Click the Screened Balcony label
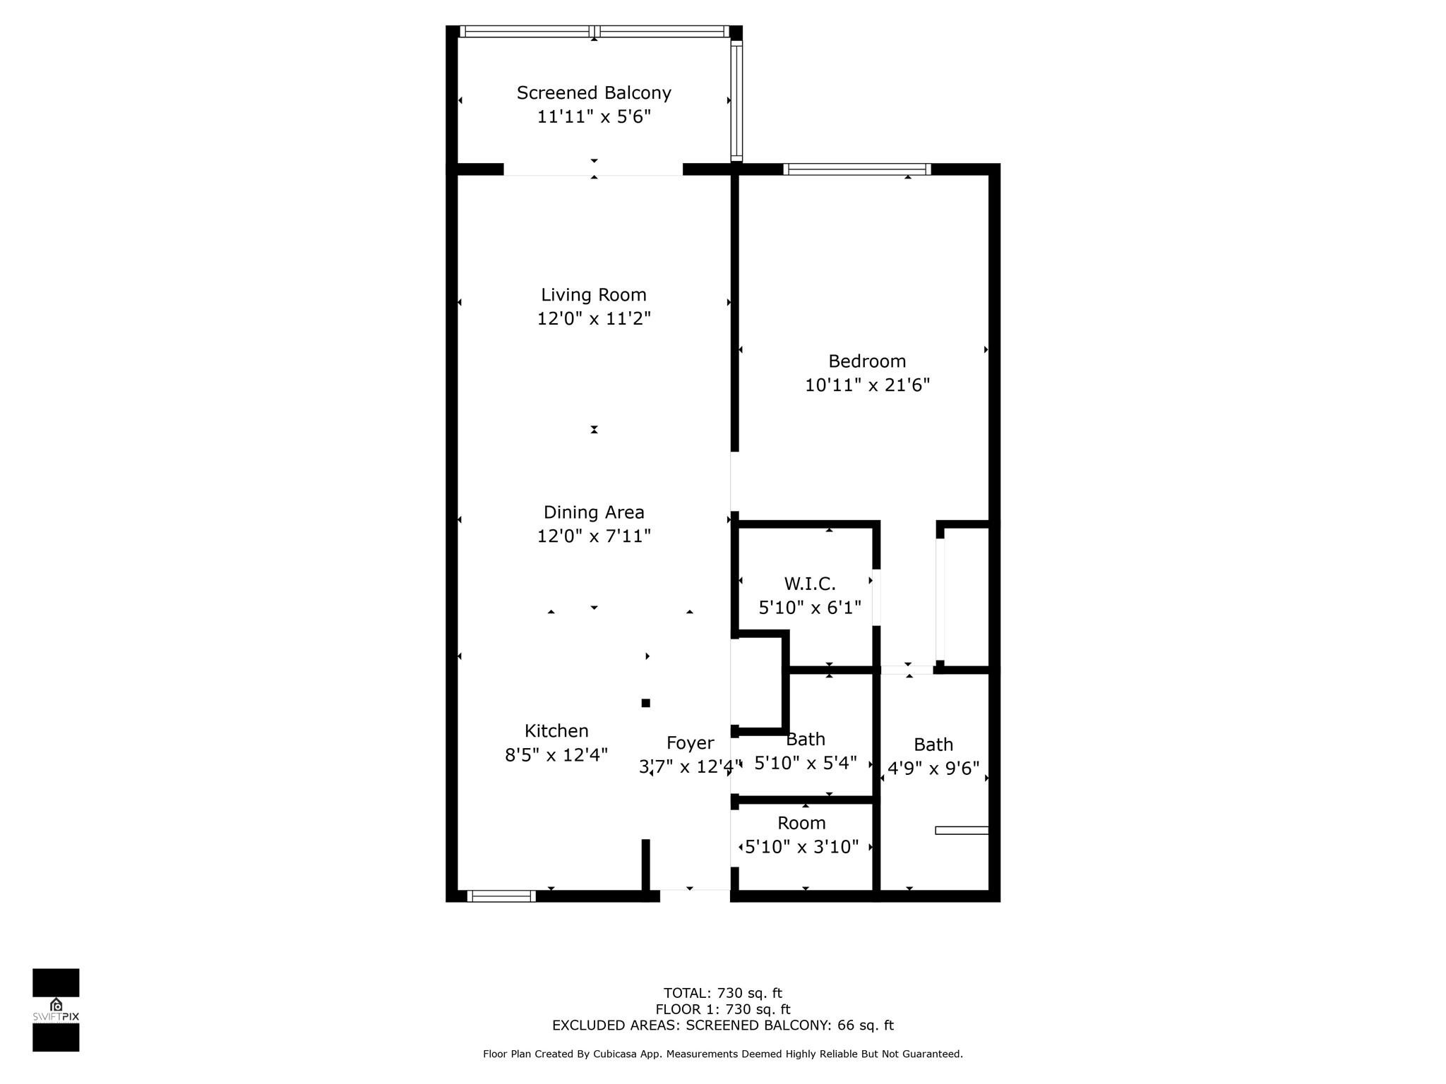[x=593, y=93]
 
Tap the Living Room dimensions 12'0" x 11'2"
[x=593, y=318]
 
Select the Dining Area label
[x=593, y=512]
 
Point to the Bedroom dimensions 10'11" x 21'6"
[x=867, y=385]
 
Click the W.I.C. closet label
[x=809, y=584]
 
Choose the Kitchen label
[x=556, y=731]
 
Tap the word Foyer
[x=690, y=743]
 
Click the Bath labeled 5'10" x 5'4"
[x=806, y=740]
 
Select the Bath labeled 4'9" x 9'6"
[x=933, y=745]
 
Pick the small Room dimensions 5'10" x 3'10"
[x=801, y=847]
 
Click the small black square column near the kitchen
[x=645, y=703]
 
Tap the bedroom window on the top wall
[x=856, y=169]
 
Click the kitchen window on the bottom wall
[x=501, y=896]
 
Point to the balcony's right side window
[x=736, y=101]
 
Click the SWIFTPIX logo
[x=56, y=1010]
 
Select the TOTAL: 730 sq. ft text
[x=722, y=994]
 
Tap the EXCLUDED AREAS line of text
[x=722, y=1025]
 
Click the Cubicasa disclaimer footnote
[x=722, y=1054]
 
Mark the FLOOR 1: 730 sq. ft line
[x=722, y=1010]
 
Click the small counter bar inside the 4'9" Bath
[x=961, y=831]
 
